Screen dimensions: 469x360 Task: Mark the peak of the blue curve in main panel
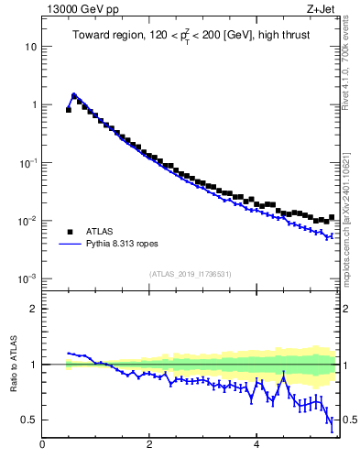click(x=74, y=94)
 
